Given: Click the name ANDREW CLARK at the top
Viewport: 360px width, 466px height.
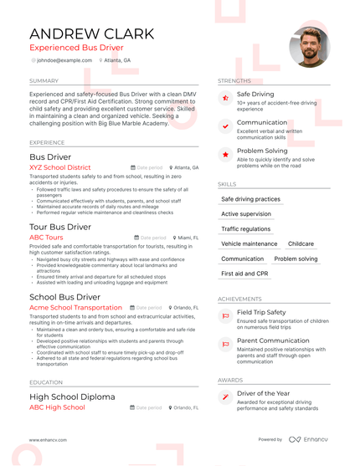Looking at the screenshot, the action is pyautogui.click(x=91, y=33).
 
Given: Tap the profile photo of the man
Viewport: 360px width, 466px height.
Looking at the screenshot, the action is pyautogui.click(x=309, y=47).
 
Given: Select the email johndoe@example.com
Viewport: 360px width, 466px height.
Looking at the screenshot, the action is pyautogui.click(x=64, y=60).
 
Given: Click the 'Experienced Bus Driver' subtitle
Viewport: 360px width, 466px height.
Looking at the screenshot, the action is pyautogui.click(x=75, y=48).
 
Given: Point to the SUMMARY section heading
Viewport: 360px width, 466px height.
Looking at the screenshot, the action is pyautogui.click(x=44, y=81).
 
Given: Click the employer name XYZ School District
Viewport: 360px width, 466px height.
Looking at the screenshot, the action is pyautogui.click(x=59, y=167).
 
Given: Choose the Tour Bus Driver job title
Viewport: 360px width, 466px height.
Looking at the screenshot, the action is pyautogui.click(x=60, y=227).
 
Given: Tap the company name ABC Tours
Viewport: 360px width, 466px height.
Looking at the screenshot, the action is pyautogui.click(x=46, y=238).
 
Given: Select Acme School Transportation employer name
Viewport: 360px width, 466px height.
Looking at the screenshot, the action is pyautogui.click(x=75, y=308).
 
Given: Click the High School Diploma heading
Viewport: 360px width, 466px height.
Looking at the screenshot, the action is pyautogui.click(x=72, y=397).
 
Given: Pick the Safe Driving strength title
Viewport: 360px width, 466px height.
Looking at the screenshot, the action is pyautogui.click(x=255, y=95).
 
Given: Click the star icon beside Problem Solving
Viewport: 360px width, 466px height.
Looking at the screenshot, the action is pyautogui.click(x=226, y=155).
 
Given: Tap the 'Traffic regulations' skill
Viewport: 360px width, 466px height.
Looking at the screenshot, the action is pyautogui.click(x=245, y=229).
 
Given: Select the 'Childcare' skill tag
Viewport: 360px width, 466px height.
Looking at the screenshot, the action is pyautogui.click(x=301, y=244).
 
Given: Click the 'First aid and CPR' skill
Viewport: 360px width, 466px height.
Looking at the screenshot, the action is pyautogui.click(x=244, y=274).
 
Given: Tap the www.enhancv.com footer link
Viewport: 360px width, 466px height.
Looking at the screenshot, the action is pyautogui.click(x=48, y=439).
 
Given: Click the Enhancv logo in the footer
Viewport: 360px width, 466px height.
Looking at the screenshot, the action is pyautogui.click(x=309, y=439).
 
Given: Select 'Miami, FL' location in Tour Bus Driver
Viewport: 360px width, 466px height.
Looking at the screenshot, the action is pyautogui.click(x=186, y=238).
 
